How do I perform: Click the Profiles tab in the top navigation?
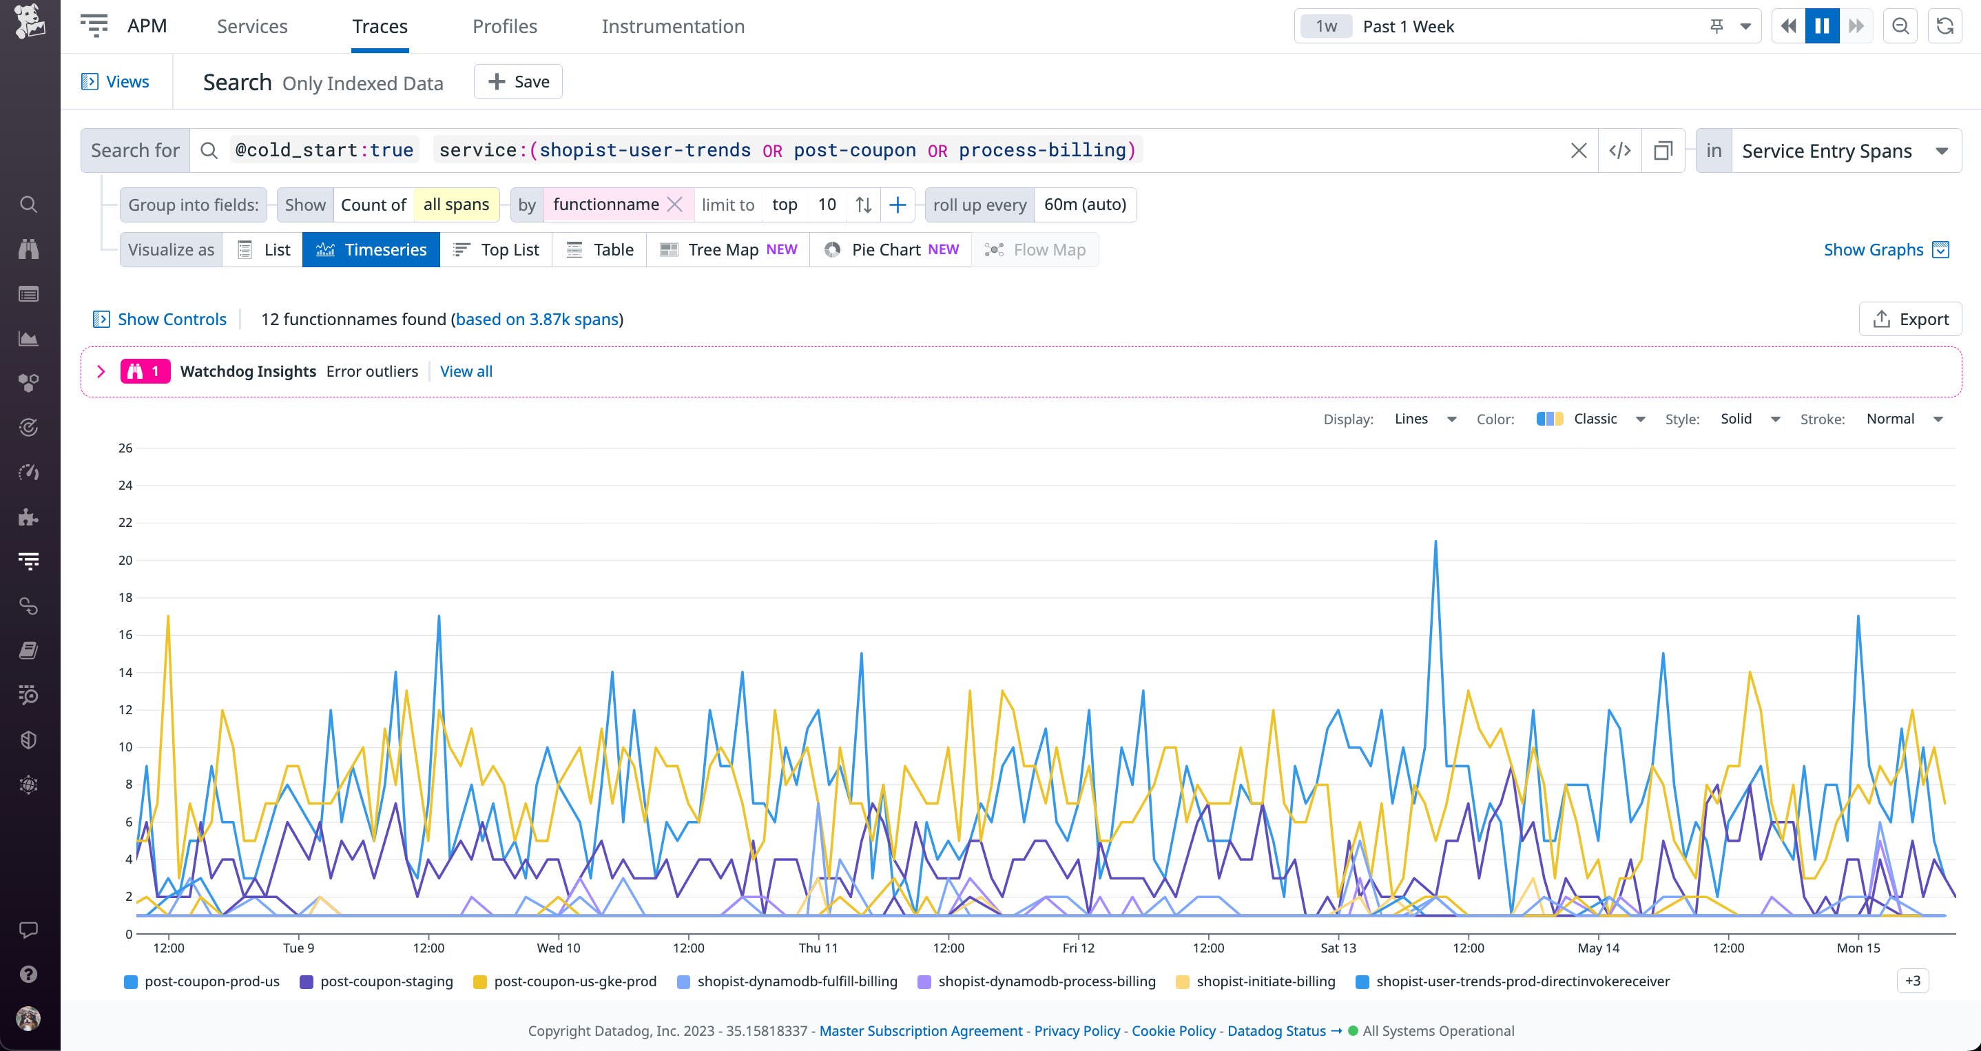pos(504,26)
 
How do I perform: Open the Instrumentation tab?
pos(672,26)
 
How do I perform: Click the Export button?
pos(1910,319)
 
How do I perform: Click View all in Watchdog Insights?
pos(466,371)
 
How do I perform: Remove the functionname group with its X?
pos(674,205)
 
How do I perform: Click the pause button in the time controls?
pos(1821,26)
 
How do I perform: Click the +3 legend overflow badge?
pos(1912,981)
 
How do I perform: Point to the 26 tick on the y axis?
pos(125,448)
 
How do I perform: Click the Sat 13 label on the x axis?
pos(1338,948)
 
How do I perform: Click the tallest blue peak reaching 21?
pos(1435,543)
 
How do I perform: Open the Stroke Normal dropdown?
pos(1904,419)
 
